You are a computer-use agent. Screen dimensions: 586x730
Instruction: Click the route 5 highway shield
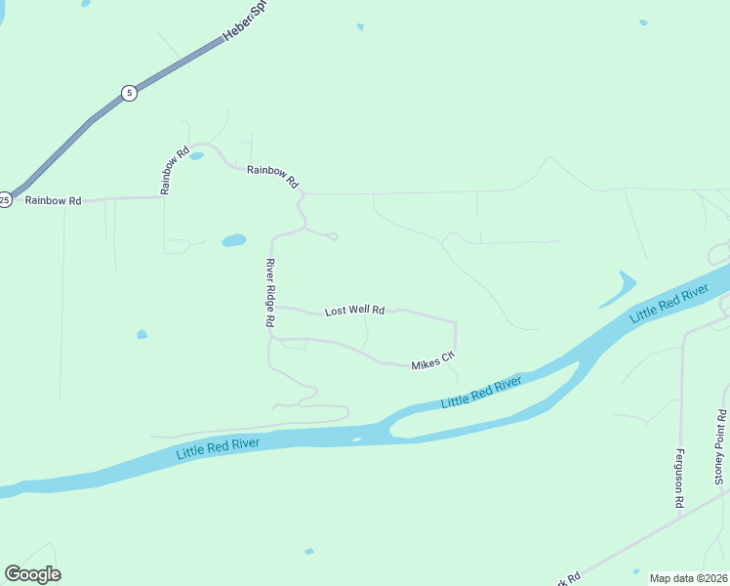[x=129, y=93]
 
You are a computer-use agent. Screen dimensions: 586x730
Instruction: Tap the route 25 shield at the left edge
[x=5, y=199]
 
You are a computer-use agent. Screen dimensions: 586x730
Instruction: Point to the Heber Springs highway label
[x=245, y=21]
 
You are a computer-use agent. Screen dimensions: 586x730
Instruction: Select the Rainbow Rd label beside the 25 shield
[x=53, y=200]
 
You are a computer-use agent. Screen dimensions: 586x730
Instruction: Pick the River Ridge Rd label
[x=270, y=298]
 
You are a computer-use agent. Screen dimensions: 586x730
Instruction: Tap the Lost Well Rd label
[x=355, y=311]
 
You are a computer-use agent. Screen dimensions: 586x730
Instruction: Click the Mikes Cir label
[x=433, y=362]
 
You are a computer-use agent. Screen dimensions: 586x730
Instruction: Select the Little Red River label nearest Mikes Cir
[x=481, y=393]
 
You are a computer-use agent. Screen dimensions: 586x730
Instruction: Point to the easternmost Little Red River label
[x=669, y=304]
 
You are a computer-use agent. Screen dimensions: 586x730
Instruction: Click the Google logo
[x=32, y=574]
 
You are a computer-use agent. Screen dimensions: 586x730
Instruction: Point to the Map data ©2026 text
[x=687, y=578]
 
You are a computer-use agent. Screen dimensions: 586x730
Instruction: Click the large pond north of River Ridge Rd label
[x=234, y=240]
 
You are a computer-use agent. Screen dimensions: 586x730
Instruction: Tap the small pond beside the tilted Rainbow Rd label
[x=196, y=156]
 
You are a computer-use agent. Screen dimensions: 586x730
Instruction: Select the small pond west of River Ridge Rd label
[x=142, y=334]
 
